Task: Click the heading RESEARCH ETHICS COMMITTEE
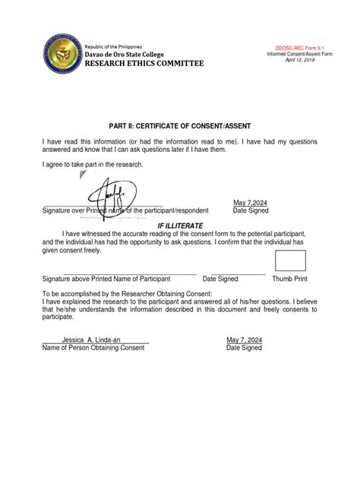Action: point(144,66)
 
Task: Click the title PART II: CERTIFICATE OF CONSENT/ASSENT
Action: point(180,124)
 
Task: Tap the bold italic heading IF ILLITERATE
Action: point(180,226)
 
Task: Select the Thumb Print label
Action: point(289,279)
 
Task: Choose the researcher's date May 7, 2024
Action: point(244,339)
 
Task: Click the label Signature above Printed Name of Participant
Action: point(112,279)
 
